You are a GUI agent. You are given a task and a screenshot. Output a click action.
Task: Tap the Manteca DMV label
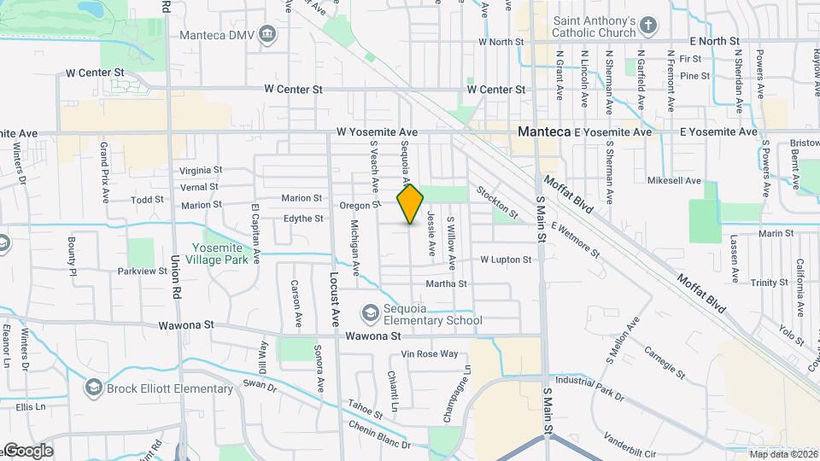219,35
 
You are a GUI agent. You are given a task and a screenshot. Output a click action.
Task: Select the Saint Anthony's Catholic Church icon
648,25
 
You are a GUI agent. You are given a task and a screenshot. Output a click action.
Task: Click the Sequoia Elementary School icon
370,314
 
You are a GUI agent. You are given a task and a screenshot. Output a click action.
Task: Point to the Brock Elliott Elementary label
169,389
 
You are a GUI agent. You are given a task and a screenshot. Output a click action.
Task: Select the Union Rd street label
177,272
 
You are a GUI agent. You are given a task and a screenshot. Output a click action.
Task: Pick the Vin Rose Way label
430,353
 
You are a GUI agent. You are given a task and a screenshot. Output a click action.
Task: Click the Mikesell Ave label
674,181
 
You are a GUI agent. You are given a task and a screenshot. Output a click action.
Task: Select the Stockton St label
497,201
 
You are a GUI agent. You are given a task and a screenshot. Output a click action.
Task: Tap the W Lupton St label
507,259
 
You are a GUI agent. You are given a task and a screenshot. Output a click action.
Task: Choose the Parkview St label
143,271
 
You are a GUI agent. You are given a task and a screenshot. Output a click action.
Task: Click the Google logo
27,451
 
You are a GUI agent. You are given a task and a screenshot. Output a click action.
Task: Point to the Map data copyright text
782,453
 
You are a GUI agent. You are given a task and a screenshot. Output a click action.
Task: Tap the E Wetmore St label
576,240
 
